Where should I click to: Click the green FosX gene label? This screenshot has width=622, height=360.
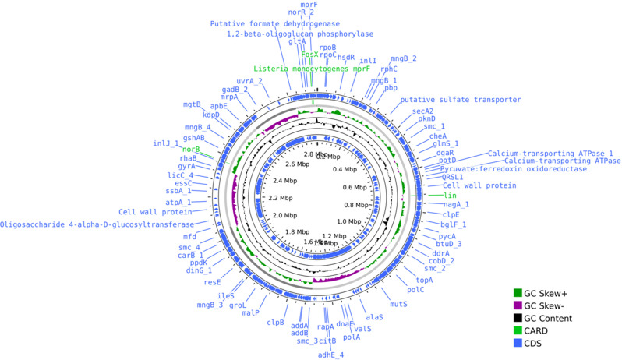coord(310,55)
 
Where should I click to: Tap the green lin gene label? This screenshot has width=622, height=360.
coord(450,195)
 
